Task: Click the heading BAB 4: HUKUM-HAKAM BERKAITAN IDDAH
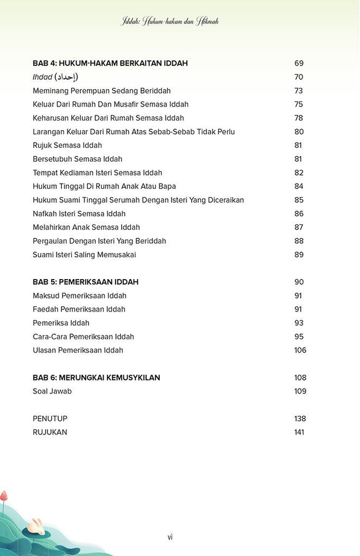[110, 64]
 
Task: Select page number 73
[299, 91]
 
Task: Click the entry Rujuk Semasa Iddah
[67, 146]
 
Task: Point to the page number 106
[300, 350]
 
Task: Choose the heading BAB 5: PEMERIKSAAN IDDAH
[85, 282]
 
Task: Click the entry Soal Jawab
[52, 391]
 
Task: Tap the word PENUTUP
[50, 419]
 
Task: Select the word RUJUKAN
[50, 432]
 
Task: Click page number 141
[300, 432]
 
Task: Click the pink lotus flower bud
[4, 496]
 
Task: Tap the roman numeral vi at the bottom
[170, 537]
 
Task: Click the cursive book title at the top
[170, 22]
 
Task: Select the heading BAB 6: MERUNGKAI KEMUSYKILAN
[96, 378]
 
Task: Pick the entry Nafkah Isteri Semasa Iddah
[79, 214]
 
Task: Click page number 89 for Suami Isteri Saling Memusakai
[299, 255]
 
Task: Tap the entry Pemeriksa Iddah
[61, 323]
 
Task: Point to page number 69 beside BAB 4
[299, 64]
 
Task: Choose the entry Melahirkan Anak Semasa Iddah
[86, 228]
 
